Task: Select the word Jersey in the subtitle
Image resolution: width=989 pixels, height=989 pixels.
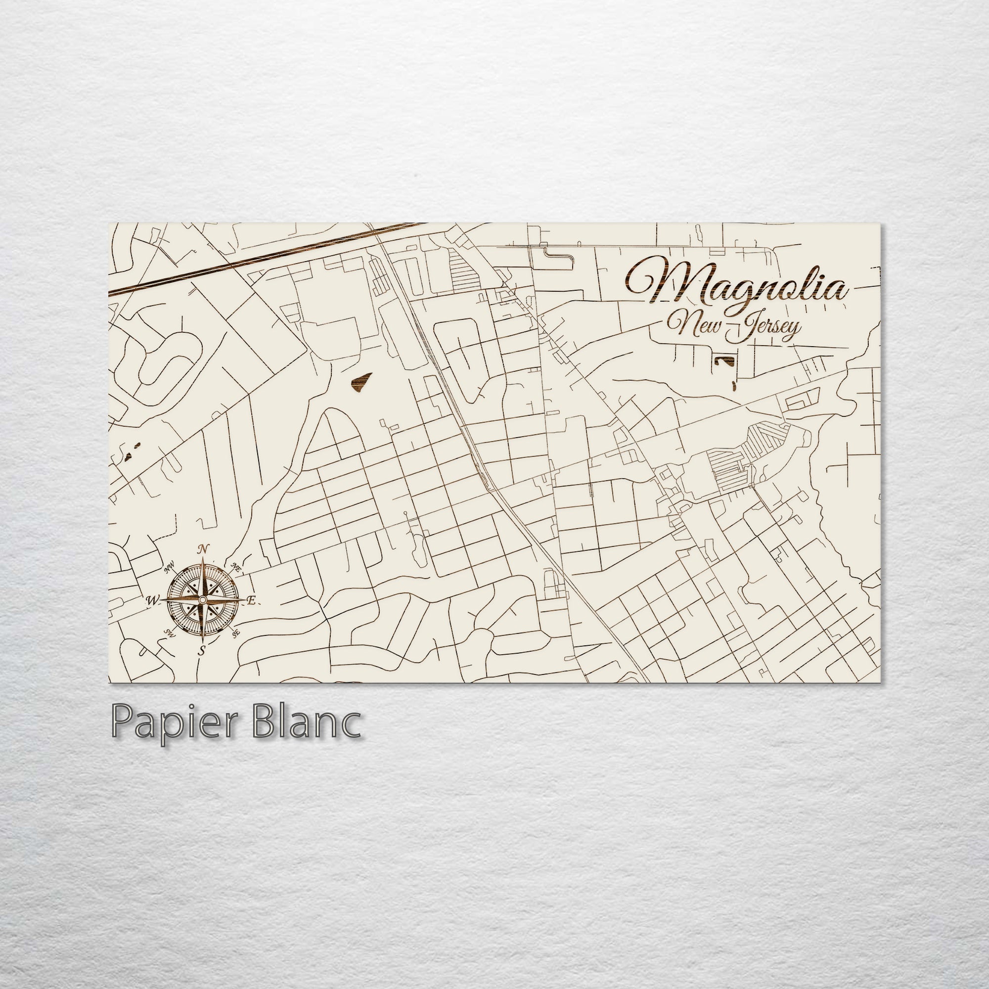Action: click(765, 328)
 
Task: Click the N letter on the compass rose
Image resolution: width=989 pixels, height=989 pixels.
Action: click(203, 550)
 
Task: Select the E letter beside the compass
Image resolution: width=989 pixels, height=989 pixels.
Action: click(251, 601)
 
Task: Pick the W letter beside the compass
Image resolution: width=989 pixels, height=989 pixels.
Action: click(152, 600)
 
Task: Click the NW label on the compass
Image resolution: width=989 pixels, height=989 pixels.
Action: click(169, 568)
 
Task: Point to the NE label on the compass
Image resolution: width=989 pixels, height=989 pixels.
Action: click(236, 567)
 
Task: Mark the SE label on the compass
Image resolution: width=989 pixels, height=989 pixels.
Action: click(235, 634)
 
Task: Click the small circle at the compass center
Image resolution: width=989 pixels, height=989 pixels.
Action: click(203, 599)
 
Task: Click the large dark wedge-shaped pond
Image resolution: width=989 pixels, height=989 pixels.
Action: click(361, 382)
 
